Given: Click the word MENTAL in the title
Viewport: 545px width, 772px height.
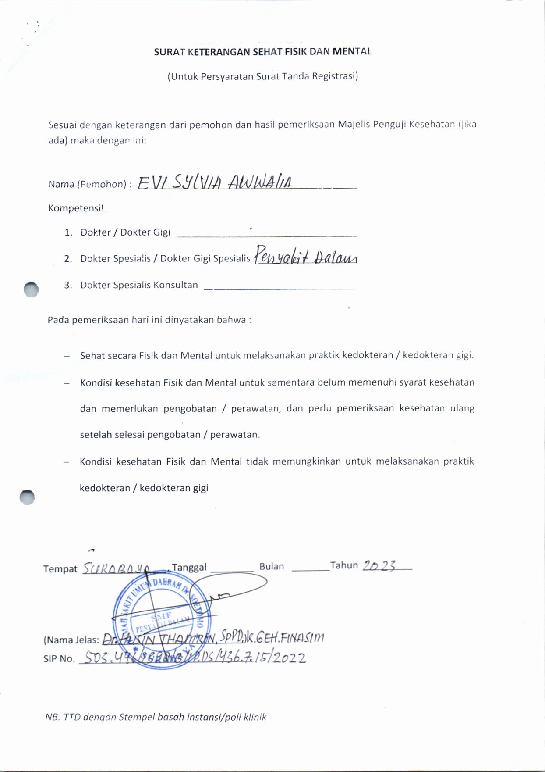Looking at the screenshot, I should [x=352, y=51].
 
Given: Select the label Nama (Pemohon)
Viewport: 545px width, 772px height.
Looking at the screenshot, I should [x=87, y=184].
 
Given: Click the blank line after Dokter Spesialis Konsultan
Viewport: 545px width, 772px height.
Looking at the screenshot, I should [x=280, y=289].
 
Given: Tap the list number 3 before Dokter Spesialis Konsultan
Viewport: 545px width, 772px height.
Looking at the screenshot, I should [x=68, y=285].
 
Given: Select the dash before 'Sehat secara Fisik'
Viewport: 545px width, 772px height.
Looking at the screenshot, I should [x=67, y=356].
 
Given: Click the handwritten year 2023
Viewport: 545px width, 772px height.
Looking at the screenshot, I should [x=379, y=565].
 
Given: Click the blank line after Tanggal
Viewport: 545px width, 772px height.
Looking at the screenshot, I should [x=232, y=570].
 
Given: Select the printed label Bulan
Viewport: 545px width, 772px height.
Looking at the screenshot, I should [x=272, y=566].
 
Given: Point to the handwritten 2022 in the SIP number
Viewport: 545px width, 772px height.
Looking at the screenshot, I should [x=289, y=658].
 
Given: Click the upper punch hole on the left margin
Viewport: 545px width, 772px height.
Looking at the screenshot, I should [x=31, y=289].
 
